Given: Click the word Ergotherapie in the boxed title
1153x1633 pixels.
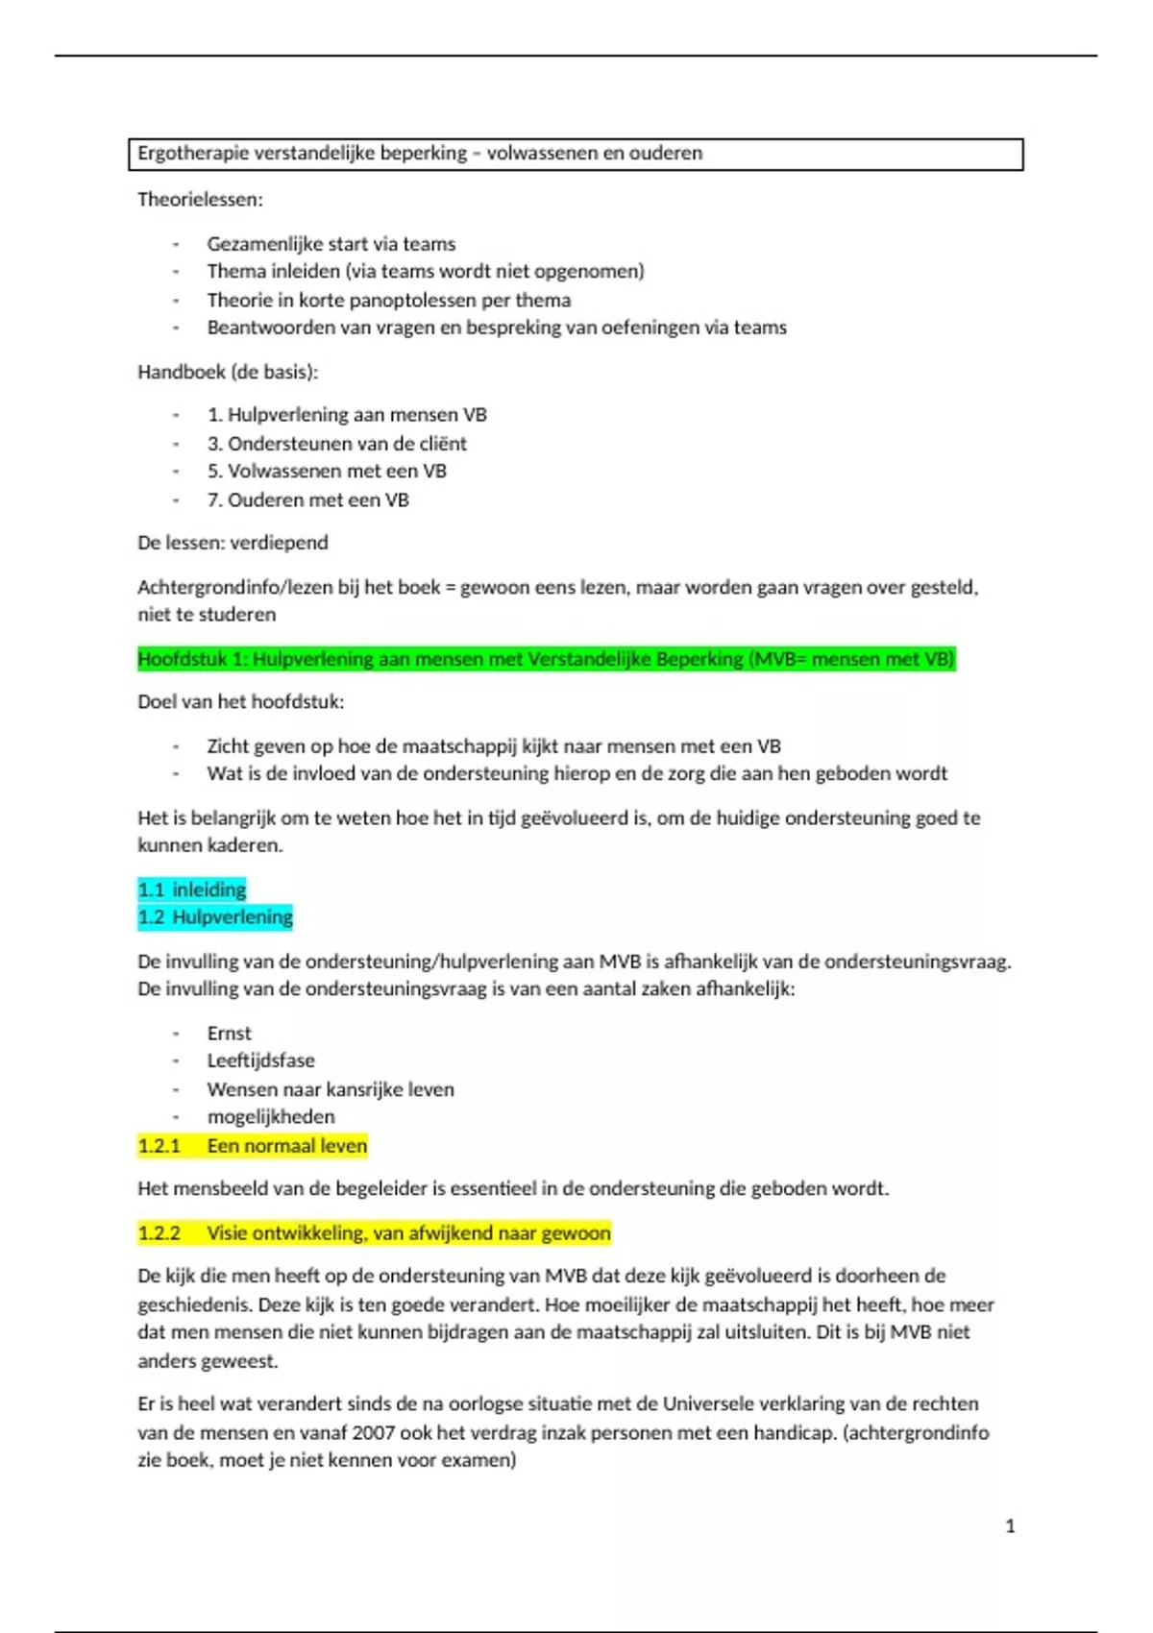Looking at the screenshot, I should point(192,154).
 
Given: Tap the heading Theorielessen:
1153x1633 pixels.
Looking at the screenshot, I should point(200,200).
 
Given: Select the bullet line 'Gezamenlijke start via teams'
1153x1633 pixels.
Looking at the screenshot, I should point(331,244).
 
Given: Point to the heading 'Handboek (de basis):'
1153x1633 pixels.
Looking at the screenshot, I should point(227,372).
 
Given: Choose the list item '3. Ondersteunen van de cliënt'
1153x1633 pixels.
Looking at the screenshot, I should point(336,444).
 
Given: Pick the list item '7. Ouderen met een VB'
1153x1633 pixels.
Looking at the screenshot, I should point(307,500).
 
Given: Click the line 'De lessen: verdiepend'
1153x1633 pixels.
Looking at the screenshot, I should point(233,543).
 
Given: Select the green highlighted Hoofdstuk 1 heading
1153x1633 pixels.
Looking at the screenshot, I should point(546,659).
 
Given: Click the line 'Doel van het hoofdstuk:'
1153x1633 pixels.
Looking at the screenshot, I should point(240,702).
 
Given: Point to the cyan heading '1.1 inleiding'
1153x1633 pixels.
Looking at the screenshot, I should point(192,890).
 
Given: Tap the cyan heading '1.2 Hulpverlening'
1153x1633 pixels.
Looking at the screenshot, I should point(215,917).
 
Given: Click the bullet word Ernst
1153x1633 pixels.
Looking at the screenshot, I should point(229,1034).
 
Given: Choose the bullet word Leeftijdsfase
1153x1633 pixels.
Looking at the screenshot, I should point(260,1060).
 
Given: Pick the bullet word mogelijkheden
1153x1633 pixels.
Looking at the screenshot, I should point(271,1117).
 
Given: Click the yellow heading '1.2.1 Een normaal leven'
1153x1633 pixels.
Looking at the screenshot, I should point(252,1146).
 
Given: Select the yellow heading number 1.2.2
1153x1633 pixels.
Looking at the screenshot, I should point(159,1233).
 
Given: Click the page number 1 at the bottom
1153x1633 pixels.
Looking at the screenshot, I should point(1010,1526).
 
